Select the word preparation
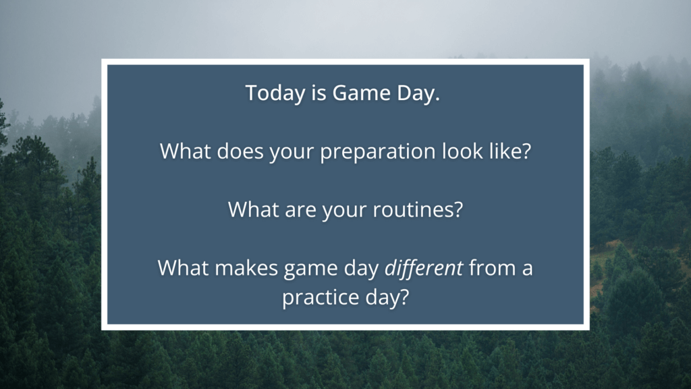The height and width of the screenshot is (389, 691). [378, 152]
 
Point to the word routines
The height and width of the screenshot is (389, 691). [413, 209]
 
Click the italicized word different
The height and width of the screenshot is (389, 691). [424, 267]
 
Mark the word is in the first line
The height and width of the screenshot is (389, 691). [319, 93]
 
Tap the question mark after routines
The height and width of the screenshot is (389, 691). [458, 209]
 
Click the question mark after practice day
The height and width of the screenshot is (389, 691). [404, 296]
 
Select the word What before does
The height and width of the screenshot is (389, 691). [186, 151]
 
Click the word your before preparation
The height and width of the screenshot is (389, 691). [292, 152]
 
